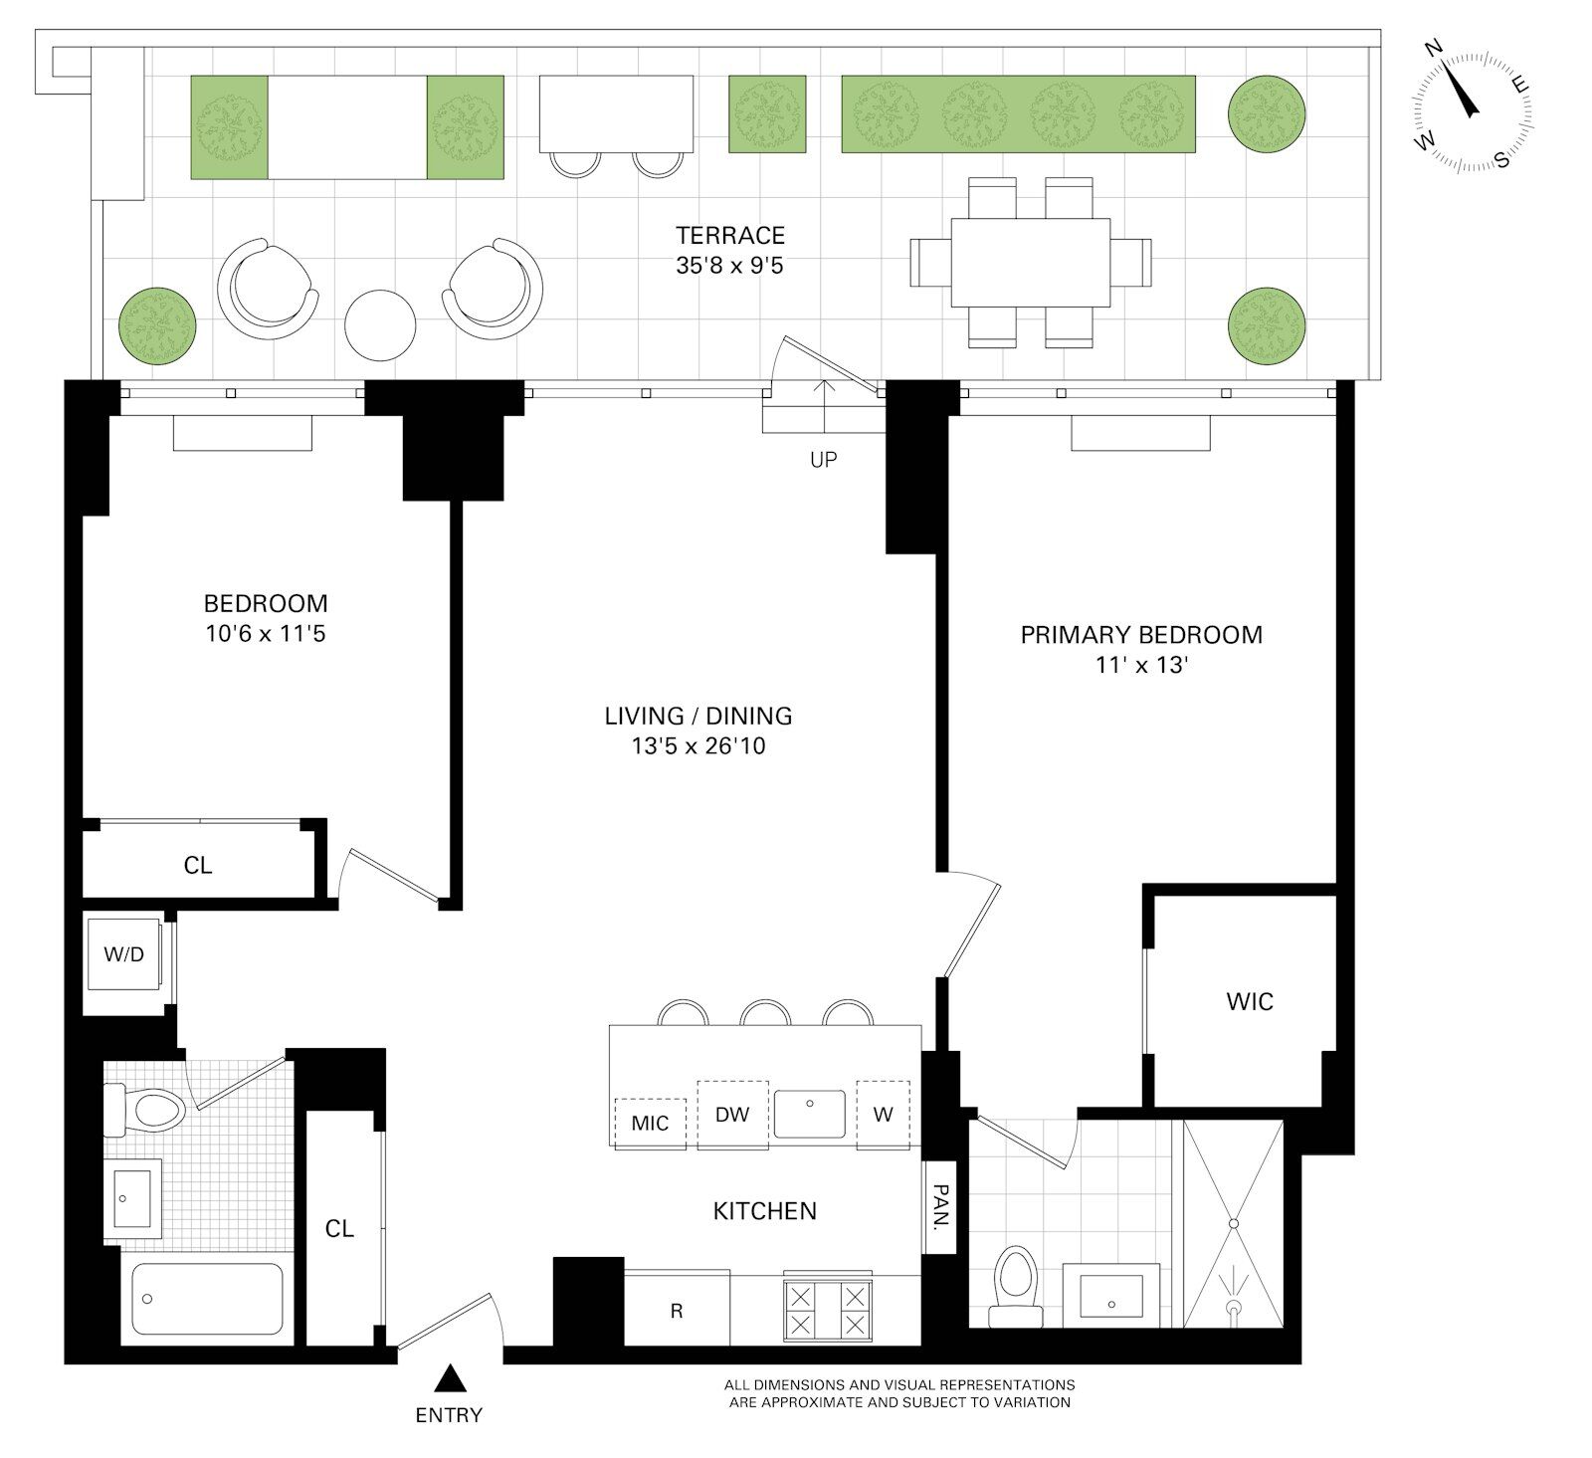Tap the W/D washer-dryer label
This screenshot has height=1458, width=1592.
click(x=124, y=954)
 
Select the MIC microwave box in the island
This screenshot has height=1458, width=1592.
click(x=651, y=1124)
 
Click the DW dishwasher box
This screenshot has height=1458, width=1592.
click(x=732, y=1115)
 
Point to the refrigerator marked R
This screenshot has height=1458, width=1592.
click(x=677, y=1310)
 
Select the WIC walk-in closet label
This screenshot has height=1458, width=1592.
click(x=1250, y=1001)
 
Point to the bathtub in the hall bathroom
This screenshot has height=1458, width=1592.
click(x=208, y=1299)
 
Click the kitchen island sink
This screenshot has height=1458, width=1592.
click(x=811, y=1114)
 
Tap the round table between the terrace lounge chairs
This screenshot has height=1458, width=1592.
click(x=380, y=324)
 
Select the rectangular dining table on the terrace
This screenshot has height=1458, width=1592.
click(x=1031, y=263)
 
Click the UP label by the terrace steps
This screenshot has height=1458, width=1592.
click(x=824, y=460)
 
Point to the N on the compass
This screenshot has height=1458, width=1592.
click(x=1434, y=48)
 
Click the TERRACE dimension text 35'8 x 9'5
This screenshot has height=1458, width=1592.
click(x=730, y=266)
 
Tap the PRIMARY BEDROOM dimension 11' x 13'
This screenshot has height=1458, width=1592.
click(x=1141, y=665)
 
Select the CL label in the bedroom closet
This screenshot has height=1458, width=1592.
click(x=198, y=866)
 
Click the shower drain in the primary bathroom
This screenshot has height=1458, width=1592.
click(x=1234, y=1305)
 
